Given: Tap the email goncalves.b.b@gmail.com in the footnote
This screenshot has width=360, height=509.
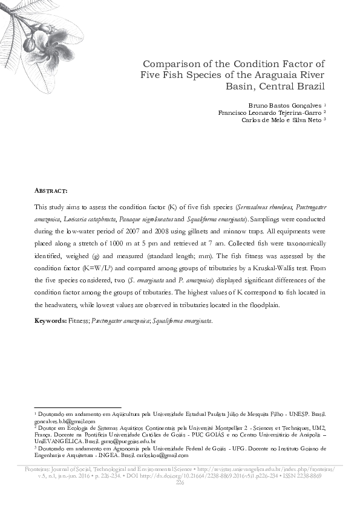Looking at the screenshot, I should pos(65,421).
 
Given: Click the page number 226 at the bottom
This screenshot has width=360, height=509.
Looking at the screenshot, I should pos(180,483).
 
